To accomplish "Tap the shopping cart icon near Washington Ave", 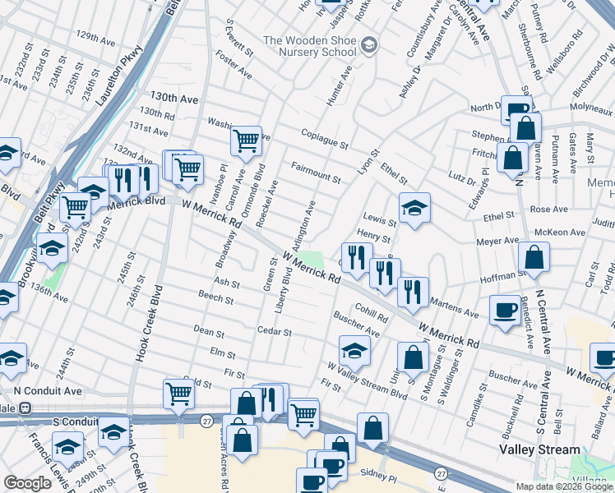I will pyautogui.click(x=246, y=141).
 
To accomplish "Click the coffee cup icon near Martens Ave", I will pyautogui.click(x=504, y=309).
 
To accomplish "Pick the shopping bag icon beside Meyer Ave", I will pyautogui.click(x=534, y=256).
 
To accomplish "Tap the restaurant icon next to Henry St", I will pyautogui.click(x=357, y=256).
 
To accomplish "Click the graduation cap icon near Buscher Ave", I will pyautogui.click(x=354, y=350).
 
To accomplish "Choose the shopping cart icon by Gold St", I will pyautogui.click(x=178, y=394).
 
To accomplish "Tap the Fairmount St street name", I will pyautogui.click(x=315, y=172).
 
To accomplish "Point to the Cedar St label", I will pyautogui.click(x=275, y=332).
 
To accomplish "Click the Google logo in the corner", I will pyautogui.click(x=27, y=483).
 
